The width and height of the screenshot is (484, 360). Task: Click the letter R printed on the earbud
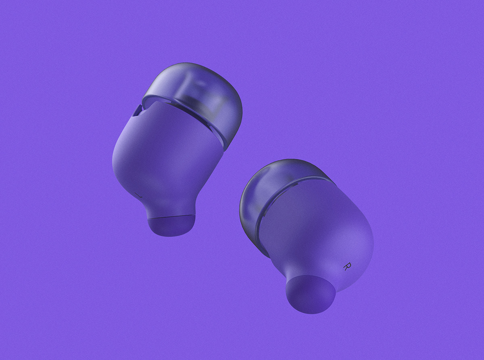(346, 266)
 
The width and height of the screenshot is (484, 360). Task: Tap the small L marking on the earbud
(139, 195)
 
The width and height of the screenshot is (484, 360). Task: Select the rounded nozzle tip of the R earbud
(311, 294)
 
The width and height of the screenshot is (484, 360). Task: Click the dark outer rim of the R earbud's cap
(246, 218)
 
